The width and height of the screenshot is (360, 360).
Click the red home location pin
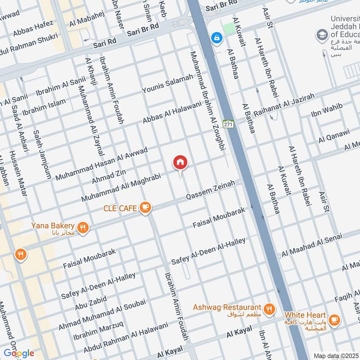(180, 162)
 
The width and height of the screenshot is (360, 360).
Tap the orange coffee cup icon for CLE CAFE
(145, 207)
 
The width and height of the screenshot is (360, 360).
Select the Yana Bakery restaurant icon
(82, 227)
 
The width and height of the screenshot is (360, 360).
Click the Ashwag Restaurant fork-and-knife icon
(269, 308)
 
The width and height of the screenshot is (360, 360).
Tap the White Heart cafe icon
(334, 319)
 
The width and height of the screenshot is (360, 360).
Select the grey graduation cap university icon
(322, 34)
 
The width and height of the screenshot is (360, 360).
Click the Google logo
(18, 353)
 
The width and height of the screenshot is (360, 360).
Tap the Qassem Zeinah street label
(211, 191)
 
